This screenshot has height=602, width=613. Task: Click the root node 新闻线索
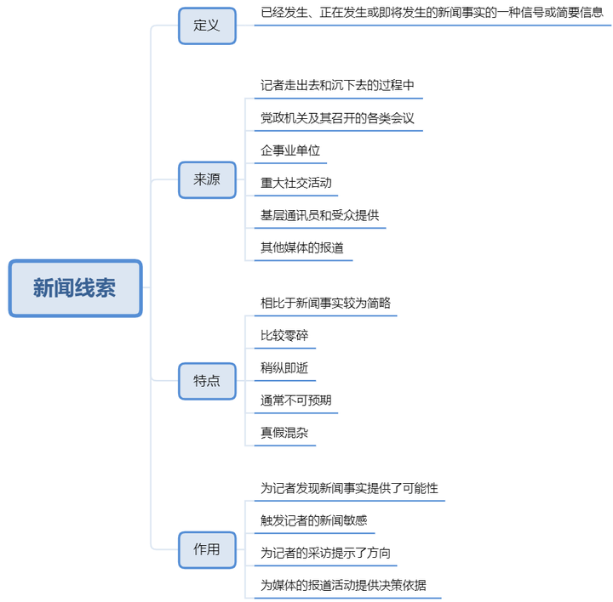tap(75, 288)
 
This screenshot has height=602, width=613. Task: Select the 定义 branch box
tap(207, 26)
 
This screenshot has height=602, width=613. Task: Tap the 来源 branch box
tap(207, 180)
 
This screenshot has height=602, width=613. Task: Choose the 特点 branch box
tap(207, 381)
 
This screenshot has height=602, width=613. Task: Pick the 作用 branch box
tap(207, 549)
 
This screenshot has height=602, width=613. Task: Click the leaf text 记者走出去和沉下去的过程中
tap(337, 85)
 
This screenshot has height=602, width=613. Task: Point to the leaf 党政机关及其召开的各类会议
tap(337, 118)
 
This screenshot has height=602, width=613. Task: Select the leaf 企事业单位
tap(290, 150)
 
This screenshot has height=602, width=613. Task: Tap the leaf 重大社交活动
tap(296, 183)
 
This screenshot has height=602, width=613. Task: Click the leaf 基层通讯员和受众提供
tap(320, 215)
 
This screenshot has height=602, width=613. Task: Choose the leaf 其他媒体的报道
tap(302, 247)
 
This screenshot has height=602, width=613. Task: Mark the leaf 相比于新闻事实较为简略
tap(325, 303)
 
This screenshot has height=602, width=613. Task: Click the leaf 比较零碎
tap(284, 335)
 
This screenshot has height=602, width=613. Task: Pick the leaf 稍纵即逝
tap(284, 368)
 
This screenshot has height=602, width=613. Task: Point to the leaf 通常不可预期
tap(296, 400)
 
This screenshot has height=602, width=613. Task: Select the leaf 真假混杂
tap(284, 433)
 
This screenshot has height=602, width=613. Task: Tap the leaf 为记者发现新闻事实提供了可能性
tap(349, 488)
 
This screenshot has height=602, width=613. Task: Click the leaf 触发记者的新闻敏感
tap(314, 520)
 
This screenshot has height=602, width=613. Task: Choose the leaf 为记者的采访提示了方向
tap(325, 553)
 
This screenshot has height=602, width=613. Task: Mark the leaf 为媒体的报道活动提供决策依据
tap(343, 585)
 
